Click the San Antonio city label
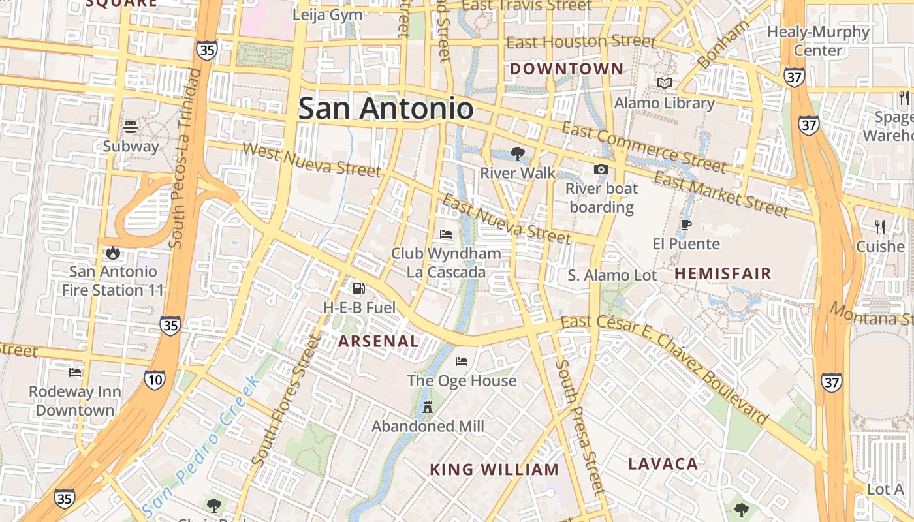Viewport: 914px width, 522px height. pos(386,108)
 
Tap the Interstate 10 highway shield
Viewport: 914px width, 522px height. pos(155,380)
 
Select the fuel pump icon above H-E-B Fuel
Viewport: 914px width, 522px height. pos(358,288)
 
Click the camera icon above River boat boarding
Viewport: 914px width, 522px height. pos(601,170)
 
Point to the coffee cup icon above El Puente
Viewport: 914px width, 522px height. pos(685,225)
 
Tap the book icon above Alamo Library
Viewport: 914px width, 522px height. pos(665,84)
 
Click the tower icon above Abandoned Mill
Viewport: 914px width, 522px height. pos(428,407)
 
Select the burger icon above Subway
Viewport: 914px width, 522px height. pos(131,127)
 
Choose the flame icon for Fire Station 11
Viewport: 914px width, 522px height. pos(112,252)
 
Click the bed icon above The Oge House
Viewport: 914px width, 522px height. pos(462,361)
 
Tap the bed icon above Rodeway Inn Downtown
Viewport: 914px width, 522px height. pos(75,373)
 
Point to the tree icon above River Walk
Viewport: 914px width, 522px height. pos(518,154)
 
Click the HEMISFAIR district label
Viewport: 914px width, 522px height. pos(723,273)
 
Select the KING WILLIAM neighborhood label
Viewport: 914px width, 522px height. pos(494,470)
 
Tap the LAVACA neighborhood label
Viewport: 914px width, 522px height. pos(663,464)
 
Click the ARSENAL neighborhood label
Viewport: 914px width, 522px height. pos(379,341)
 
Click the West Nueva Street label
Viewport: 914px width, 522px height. pos(311,159)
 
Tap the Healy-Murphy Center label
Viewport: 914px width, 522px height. pos(818,40)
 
